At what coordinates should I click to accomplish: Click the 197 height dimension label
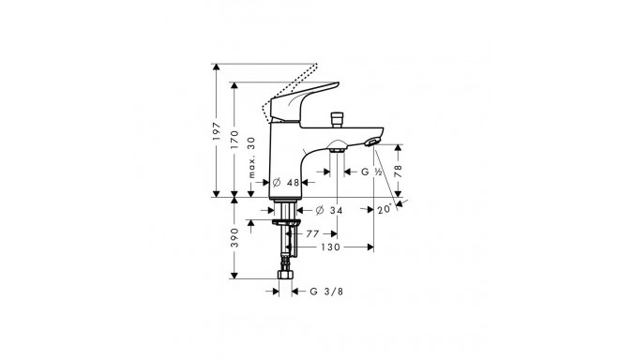coord(216,131)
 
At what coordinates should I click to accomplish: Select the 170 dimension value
coord(234,140)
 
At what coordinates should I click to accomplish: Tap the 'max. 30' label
coord(251,157)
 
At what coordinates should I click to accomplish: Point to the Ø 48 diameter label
coord(287,183)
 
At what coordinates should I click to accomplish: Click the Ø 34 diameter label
coord(329,210)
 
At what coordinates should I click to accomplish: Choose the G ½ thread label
coord(371,172)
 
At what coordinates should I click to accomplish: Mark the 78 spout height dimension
coord(398,171)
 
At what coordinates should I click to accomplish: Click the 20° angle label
coord(385,209)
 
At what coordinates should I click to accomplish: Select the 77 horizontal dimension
coord(312,234)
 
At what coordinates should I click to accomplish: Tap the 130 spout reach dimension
coord(330,247)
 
